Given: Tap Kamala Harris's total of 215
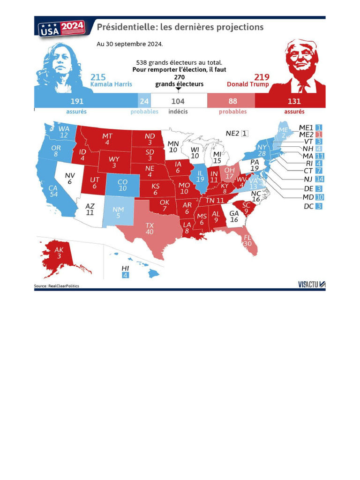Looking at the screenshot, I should click(x=98, y=77).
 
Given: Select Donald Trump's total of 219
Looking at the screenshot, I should click(x=262, y=77).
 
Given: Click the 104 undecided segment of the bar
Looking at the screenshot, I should click(x=178, y=101).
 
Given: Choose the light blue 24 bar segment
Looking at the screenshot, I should click(x=144, y=101).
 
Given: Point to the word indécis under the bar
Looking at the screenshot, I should click(x=178, y=112).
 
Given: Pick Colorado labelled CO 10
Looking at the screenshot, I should click(x=122, y=185).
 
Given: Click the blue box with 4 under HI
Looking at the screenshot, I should click(x=125, y=275).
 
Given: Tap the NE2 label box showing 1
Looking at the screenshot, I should click(x=245, y=133).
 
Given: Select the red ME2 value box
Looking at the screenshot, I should click(x=319, y=135).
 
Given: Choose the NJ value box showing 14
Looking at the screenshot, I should click(x=320, y=179).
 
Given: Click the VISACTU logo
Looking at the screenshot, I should click(x=311, y=284).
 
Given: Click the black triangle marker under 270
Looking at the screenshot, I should click(x=178, y=89).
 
